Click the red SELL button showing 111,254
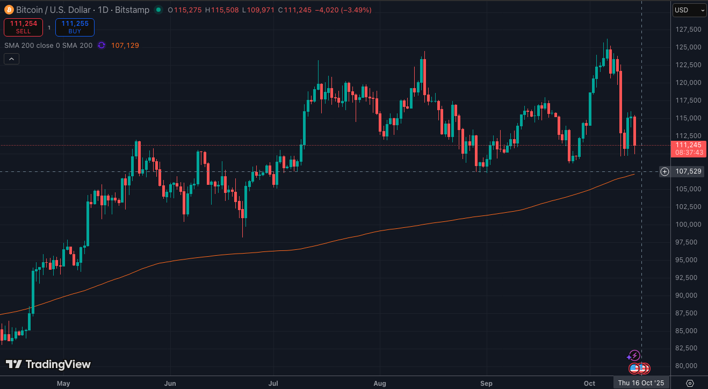(x=23, y=27)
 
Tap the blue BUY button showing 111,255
(x=75, y=27)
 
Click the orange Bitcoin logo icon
(x=9, y=10)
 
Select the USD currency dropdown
(x=690, y=10)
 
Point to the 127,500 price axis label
(x=688, y=30)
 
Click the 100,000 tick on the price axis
(x=688, y=224)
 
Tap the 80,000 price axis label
(x=688, y=366)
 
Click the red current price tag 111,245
(x=688, y=145)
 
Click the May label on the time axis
(x=63, y=383)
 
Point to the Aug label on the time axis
(x=380, y=383)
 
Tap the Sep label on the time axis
(x=486, y=383)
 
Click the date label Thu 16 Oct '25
(x=641, y=383)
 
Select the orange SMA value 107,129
(x=125, y=46)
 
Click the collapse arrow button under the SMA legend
(x=12, y=59)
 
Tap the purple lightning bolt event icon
(x=634, y=355)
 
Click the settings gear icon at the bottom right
(x=690, y=383)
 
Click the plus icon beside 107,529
(x=664, y=171)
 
